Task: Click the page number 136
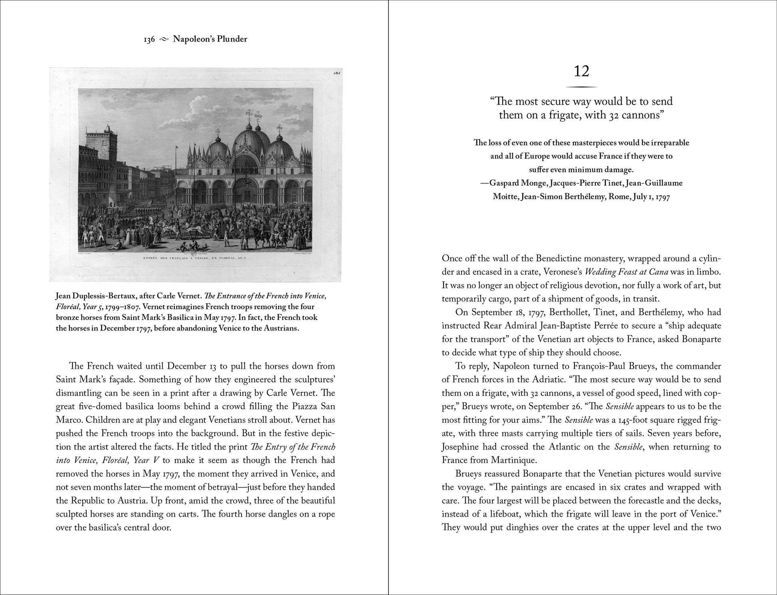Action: pyautogui.click(x=149, y=39)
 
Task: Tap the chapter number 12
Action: pyautogui.click(x=581, y=71)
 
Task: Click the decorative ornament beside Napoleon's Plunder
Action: pyautogui.click(x=164, y=39)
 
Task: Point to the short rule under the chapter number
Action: pyautogui.click(x=581, y=87)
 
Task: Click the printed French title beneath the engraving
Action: pyautogui.click(x=195, y=257)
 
